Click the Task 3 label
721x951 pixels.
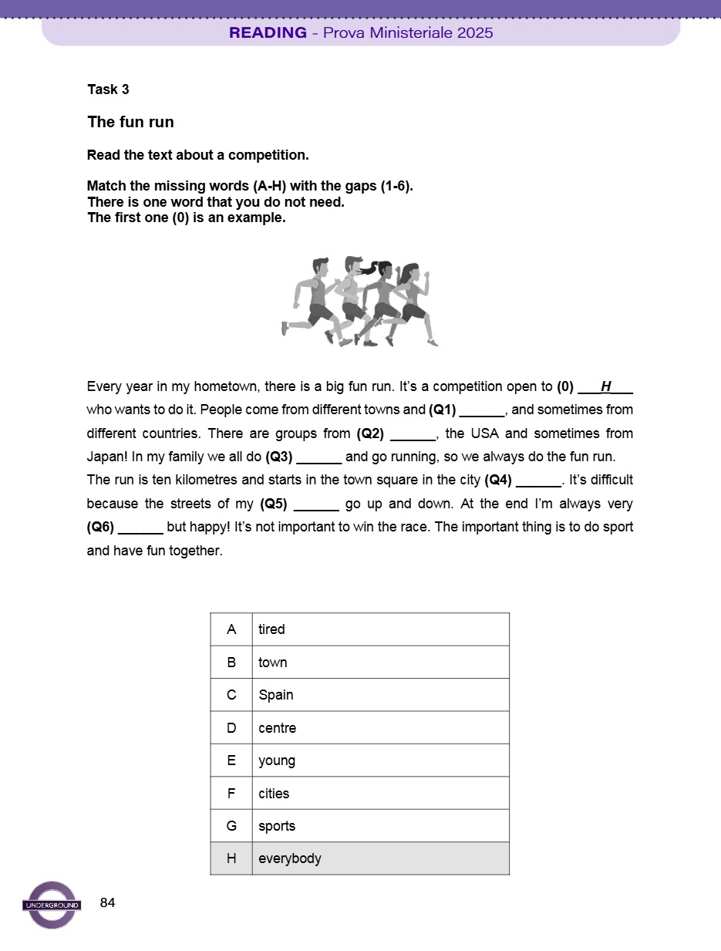point(108,89)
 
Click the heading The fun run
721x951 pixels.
point(130,122)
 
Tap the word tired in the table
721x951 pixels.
point(271,629)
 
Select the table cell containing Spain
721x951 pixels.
point(380,695)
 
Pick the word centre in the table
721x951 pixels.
point(277,728)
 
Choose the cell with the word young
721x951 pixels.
point(380,760)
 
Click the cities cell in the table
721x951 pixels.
point(380,794)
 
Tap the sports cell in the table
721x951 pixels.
point(380,826)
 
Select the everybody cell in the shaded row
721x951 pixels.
point(380,858)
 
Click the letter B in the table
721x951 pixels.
point(231,663)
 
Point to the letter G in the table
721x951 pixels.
point(231,826)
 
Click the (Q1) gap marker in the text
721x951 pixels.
point(443,410)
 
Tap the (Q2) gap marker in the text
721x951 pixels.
point(370,433)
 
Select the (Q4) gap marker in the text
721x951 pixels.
point(498,480)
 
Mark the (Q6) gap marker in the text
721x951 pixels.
point(100,528)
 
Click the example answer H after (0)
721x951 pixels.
point(605,386)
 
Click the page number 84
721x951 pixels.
point(108,902)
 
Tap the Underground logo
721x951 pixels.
point(52,905)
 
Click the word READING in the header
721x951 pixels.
point(268,32)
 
